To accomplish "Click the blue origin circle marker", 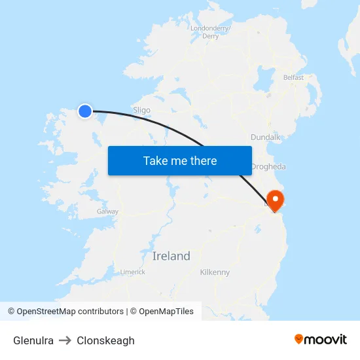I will point(85,111).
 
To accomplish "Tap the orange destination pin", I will point(276,199).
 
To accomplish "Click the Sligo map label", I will point(141,110).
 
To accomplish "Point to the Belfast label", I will point(293,77).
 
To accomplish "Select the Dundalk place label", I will point(266,137).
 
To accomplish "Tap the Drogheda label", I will point(268,167).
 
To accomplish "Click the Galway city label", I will point(107,211).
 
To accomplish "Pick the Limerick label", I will point(132,272).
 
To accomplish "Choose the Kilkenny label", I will point(215,272).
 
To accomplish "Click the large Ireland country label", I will point(171,256).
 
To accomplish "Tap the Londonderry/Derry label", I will point(209,32).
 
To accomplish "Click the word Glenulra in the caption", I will point(33,340).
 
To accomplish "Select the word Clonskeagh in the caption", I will point(105,340).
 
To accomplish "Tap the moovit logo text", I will point(326,339).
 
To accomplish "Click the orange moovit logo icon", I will point(299,339).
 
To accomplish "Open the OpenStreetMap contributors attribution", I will point(65,312).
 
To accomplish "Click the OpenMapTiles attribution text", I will point(165,312).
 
